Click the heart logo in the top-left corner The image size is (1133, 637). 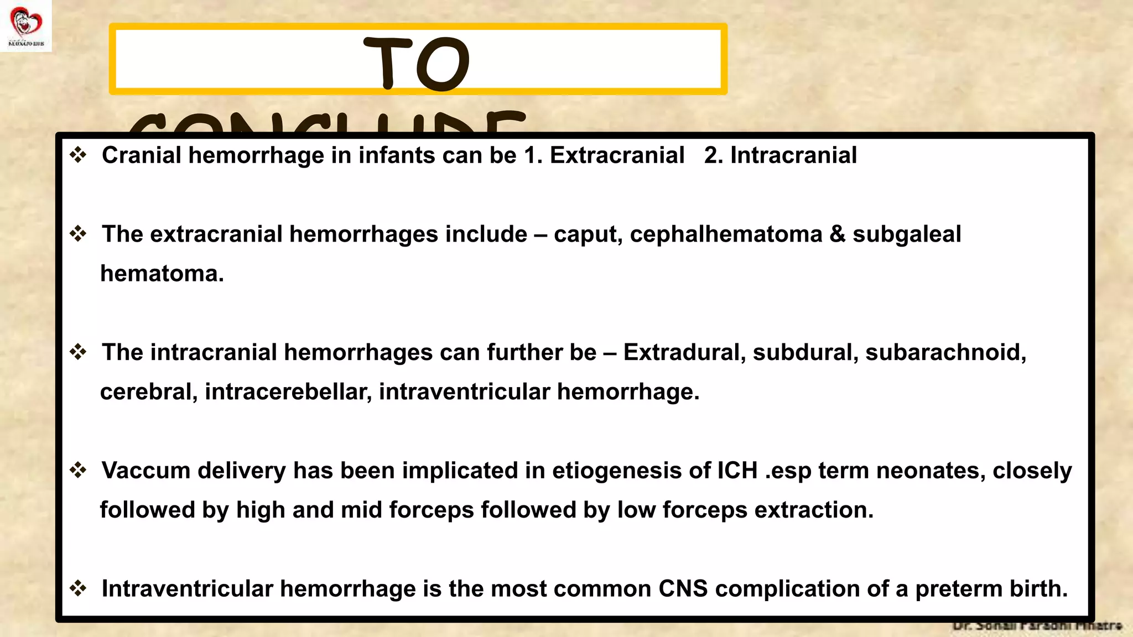pos(25,23)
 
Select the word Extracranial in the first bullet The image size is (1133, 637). pos(617,155)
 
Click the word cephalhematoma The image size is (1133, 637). pos(726,234)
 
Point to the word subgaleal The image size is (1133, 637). pos(906,234)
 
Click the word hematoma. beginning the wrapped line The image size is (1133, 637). pos(162,274)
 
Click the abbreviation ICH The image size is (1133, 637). pos(737,471)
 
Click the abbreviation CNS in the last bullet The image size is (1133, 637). pos(683,589)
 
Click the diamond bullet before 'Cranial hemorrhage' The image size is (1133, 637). pos(78,155)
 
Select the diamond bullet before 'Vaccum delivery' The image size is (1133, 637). pos(78,470)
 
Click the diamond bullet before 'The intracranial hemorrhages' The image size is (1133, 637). pos(78,352)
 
